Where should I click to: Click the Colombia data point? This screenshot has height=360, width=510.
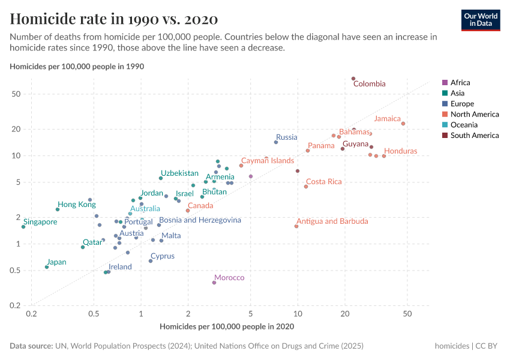(353, 79)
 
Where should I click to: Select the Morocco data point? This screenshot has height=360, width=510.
(214, 283)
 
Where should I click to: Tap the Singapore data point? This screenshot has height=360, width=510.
(23, 227)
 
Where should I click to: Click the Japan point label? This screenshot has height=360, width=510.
(56, 262)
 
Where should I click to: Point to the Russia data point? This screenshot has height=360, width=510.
(276, 142)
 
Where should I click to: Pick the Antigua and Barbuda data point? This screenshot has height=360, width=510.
(296, 226)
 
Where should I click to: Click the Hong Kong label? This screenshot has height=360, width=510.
(76, 205)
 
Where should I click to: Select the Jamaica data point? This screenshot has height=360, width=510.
(403, 124)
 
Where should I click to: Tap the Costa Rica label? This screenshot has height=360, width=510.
(323, 182)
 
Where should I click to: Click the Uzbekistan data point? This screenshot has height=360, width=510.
(161, 178)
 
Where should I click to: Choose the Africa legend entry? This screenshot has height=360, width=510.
(460, 83)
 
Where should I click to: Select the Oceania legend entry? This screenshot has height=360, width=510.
(464, 125)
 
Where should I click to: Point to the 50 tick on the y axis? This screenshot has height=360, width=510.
(16, 94)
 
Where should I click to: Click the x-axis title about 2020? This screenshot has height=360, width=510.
(227, 326)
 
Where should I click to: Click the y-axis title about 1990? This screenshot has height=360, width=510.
(77, 66)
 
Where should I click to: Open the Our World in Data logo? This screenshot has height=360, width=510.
(481, 20)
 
